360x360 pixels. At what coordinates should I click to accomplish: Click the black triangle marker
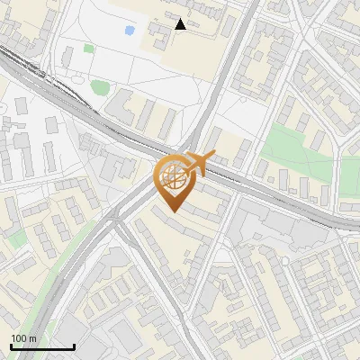pyautogui.click(x=181, y=24)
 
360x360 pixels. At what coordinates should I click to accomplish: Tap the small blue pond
pyautogui.click(x=130, y=31)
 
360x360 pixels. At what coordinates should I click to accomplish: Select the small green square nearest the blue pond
pyautogui.click(x=89, y=49)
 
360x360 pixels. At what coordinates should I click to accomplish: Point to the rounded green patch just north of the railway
pyautogui.click(x=100, y=87)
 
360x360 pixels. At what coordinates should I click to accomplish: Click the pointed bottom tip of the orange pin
pyautogui.click(x=173, y=211)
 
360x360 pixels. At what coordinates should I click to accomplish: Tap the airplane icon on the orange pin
pyautogui.click(x=198, y=163)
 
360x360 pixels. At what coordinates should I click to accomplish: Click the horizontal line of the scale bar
pyautogui.click(x=42, y=346)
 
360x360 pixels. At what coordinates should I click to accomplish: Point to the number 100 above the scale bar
pyautogui.click(x=20, y=337)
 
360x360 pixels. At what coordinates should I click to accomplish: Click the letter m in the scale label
pyautogui.click(x=33, y=338)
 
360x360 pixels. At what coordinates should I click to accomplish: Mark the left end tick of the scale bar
pyautogui.click(x=11, y=345)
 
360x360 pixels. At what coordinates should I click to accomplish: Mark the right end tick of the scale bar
pyautogui.click(x=74, y=345)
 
